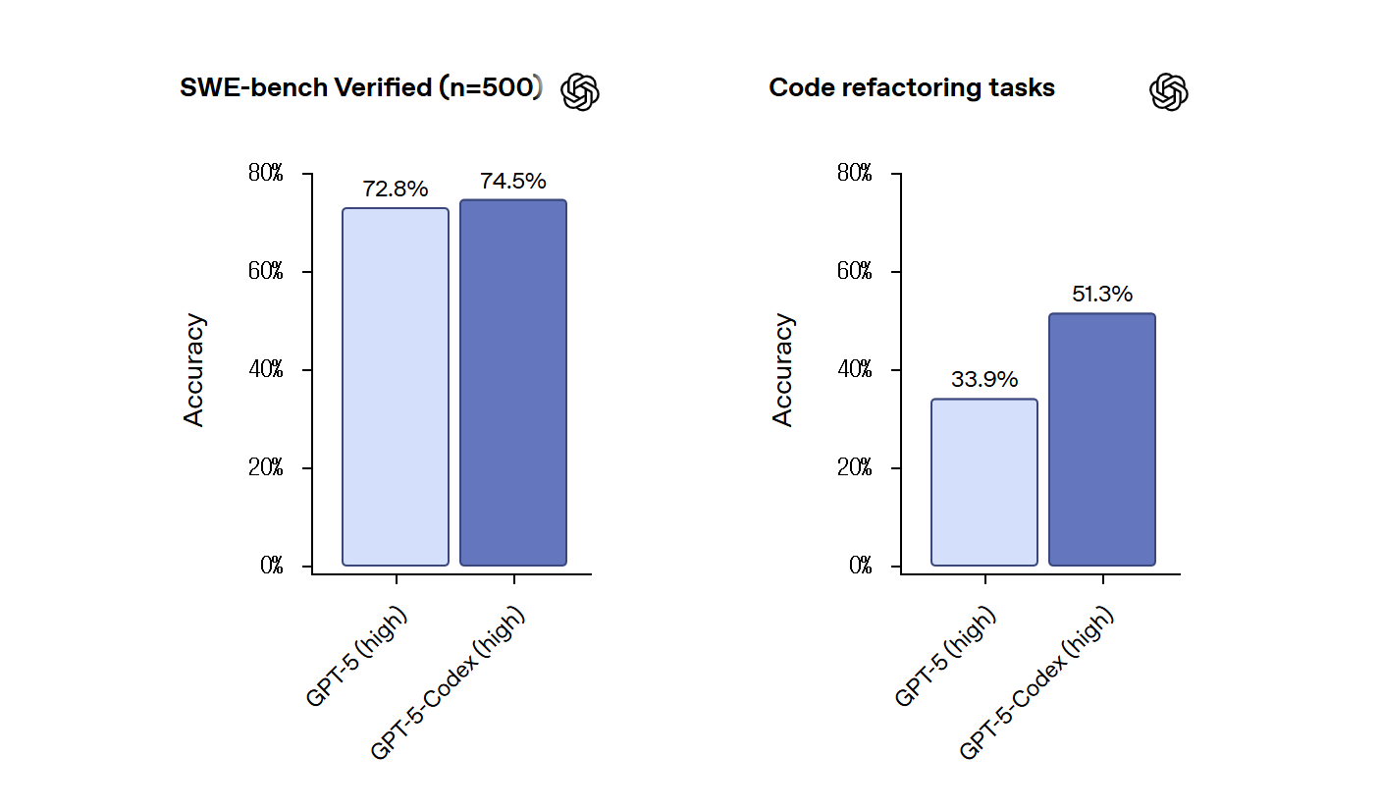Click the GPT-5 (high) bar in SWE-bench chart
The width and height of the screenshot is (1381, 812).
(396, 387)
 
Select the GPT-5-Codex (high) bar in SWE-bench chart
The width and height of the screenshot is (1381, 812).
(513, 383)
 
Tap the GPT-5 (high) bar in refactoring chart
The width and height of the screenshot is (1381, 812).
(984, 482)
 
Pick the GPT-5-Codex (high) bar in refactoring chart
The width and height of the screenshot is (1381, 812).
(1102, 440)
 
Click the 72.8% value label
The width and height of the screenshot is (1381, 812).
(396, 189)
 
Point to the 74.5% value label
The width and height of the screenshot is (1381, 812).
(513, 182)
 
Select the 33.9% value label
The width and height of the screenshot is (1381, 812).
(984, 380)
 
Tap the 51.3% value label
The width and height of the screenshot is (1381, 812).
(1102, 295)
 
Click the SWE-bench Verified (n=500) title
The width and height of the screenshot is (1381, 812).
(360, 88)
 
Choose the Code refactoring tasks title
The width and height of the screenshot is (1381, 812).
(912, 88)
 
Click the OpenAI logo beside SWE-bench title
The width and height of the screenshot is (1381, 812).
(580, 92)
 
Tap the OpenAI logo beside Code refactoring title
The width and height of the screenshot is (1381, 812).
(1169, 92)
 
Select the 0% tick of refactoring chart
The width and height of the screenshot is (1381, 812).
(860, 566)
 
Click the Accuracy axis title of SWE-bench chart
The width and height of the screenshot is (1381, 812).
(194, 370)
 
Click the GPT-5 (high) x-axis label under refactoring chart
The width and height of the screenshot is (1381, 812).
(946, 656)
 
